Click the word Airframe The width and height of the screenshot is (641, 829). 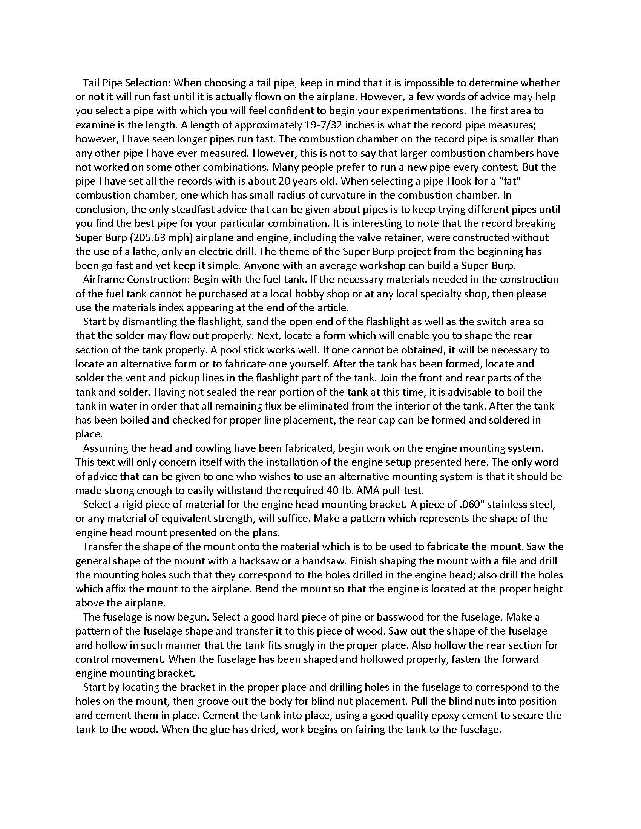click(x=103, y=280)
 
